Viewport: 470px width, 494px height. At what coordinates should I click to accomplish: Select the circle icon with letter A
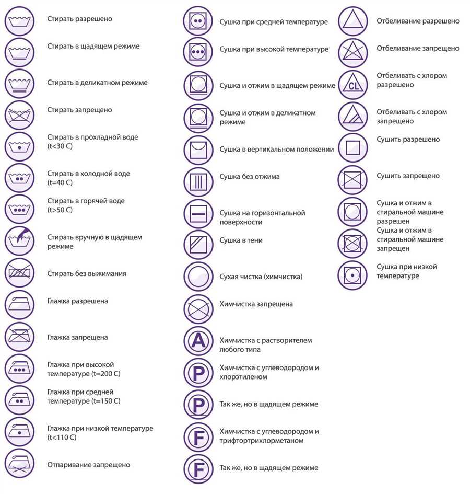coord(198,341)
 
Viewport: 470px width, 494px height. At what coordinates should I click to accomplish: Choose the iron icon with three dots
coord(19,369)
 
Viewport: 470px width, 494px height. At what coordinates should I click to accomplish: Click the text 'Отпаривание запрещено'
coord(88,465)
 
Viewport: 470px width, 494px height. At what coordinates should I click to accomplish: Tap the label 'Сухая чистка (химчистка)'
coord(261,277)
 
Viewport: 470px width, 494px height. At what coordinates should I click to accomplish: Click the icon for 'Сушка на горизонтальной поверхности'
coord(198,214)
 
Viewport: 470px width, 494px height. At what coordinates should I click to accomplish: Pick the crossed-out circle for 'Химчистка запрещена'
coord(198,308)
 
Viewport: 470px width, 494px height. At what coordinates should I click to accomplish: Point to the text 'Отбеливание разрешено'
coord(418,21)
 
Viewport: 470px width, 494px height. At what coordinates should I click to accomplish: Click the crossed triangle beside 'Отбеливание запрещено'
coord(353,51)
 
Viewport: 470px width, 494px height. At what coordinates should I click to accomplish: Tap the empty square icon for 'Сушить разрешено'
coord(353,148)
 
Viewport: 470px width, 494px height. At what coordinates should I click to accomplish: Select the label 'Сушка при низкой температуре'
coord(407,271)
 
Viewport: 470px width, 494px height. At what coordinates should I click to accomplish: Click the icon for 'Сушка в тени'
coord(198,245)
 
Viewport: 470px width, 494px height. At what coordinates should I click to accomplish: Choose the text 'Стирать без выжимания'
coord(87,273)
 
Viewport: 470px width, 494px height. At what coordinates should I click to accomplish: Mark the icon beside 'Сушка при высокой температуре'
coord(198,51)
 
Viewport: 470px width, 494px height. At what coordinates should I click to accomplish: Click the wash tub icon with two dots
coord(19,178)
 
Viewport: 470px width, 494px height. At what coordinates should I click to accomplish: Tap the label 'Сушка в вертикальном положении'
coord(276,150)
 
